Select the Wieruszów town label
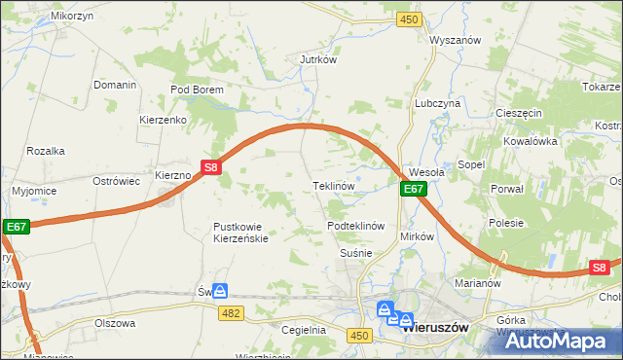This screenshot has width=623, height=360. pos(435,328)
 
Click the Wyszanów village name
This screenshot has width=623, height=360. pos(456,41)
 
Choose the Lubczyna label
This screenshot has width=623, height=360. pos(437,103)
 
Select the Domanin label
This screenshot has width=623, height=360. pos(115,85)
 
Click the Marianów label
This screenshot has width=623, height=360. pos(477,283)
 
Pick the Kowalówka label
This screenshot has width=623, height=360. pos(530,141)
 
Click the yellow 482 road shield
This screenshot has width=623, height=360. pos(231,311)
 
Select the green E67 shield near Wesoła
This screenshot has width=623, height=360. pos(413,189)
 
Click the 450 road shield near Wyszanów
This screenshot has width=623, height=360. pos(409,19)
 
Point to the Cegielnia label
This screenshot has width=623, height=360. pos(303,330)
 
